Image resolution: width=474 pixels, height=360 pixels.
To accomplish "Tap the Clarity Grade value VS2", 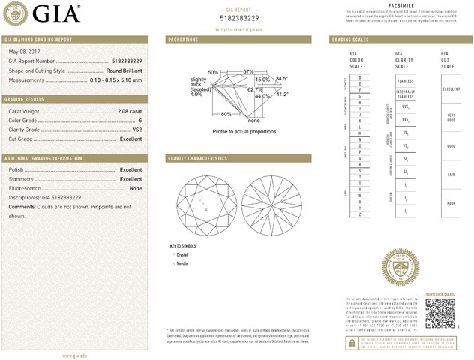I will pos(136,130).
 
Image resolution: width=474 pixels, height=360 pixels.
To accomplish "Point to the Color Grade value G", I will pos(139,121).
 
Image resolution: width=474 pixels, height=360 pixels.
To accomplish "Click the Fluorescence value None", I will pos(136,189).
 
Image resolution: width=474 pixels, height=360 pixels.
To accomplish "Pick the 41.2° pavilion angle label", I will pos(282,94).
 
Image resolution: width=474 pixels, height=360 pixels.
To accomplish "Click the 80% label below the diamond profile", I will pos(226,114).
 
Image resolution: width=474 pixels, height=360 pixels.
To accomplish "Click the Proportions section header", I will pos(183,39).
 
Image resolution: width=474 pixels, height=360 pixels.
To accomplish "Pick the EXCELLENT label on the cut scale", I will pos(451,88).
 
